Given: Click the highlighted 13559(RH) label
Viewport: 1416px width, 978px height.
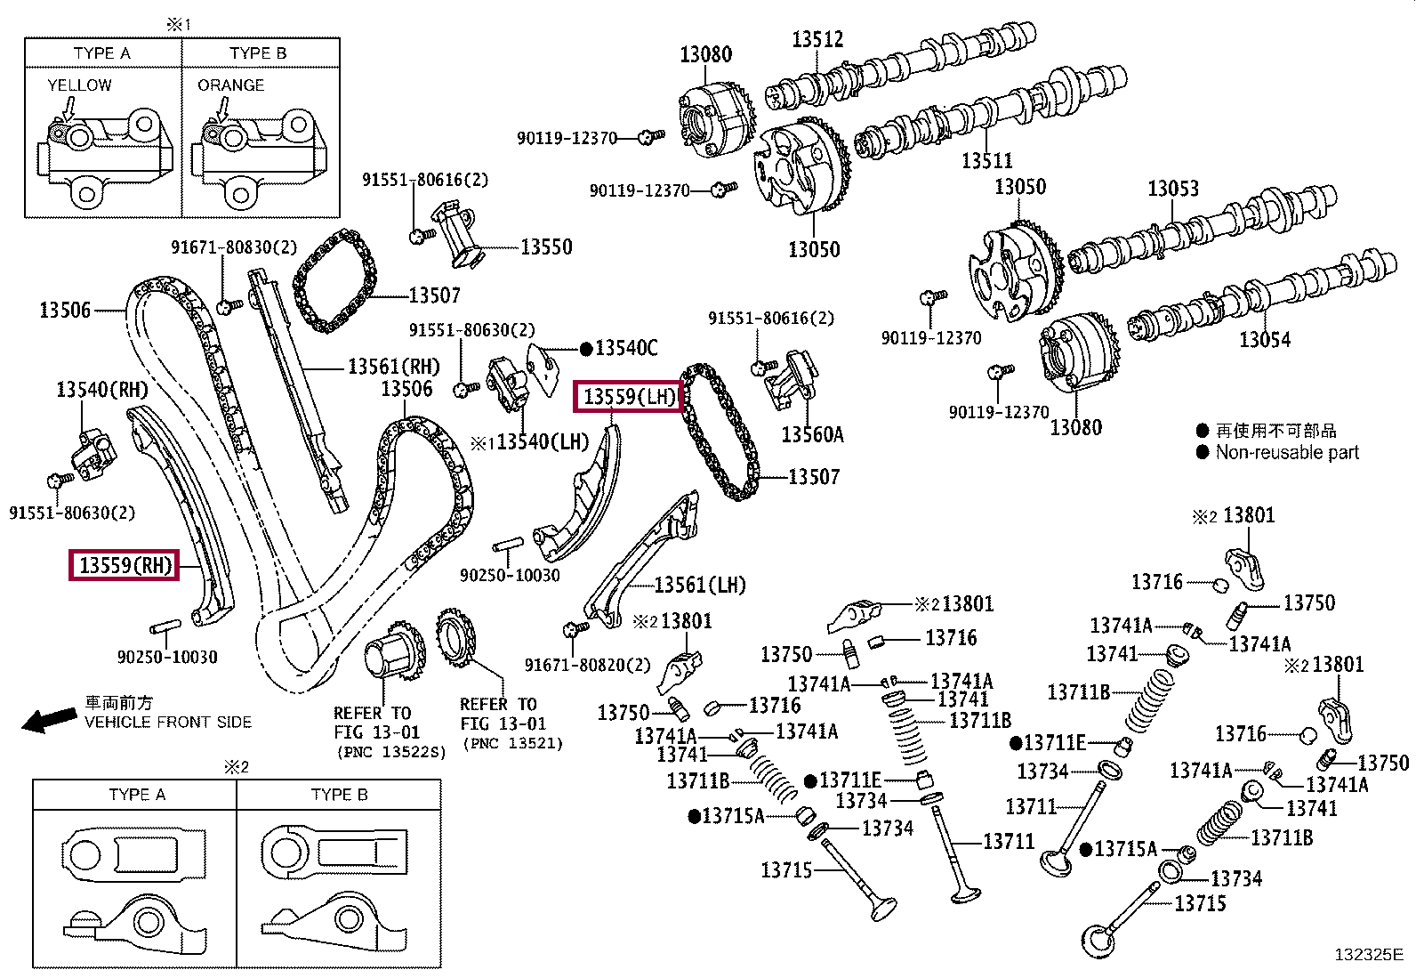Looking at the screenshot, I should click(125, 565).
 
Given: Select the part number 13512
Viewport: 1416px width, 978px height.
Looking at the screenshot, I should click(817, 39).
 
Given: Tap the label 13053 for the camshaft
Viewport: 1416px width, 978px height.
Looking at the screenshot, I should click(1172, 189).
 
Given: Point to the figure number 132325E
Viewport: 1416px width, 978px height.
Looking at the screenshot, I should click(1368, 955).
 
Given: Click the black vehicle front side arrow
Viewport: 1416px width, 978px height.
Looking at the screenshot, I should click(48, 720).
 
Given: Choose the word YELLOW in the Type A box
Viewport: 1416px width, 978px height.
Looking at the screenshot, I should click(79, 85).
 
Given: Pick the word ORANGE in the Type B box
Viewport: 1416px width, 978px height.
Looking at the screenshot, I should click(230, 85).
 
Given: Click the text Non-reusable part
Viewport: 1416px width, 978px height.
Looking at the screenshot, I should click(1287, 452).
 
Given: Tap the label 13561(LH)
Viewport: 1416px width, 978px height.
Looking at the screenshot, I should click(699, 585).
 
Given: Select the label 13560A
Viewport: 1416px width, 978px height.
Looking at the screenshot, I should click(812, 434).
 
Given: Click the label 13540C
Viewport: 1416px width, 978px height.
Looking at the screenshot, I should click(626, 348).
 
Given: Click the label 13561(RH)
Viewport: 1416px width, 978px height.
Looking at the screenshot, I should click(393, 366).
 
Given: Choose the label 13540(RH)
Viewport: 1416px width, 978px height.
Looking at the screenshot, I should click(101, 389).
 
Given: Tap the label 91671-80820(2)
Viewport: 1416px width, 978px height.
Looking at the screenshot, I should click(586, 665).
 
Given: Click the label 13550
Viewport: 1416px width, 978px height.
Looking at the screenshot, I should click(546, 247).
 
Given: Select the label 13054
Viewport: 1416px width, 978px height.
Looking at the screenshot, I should click(1264, 339).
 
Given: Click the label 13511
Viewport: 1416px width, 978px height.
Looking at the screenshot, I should click(986, 161).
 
